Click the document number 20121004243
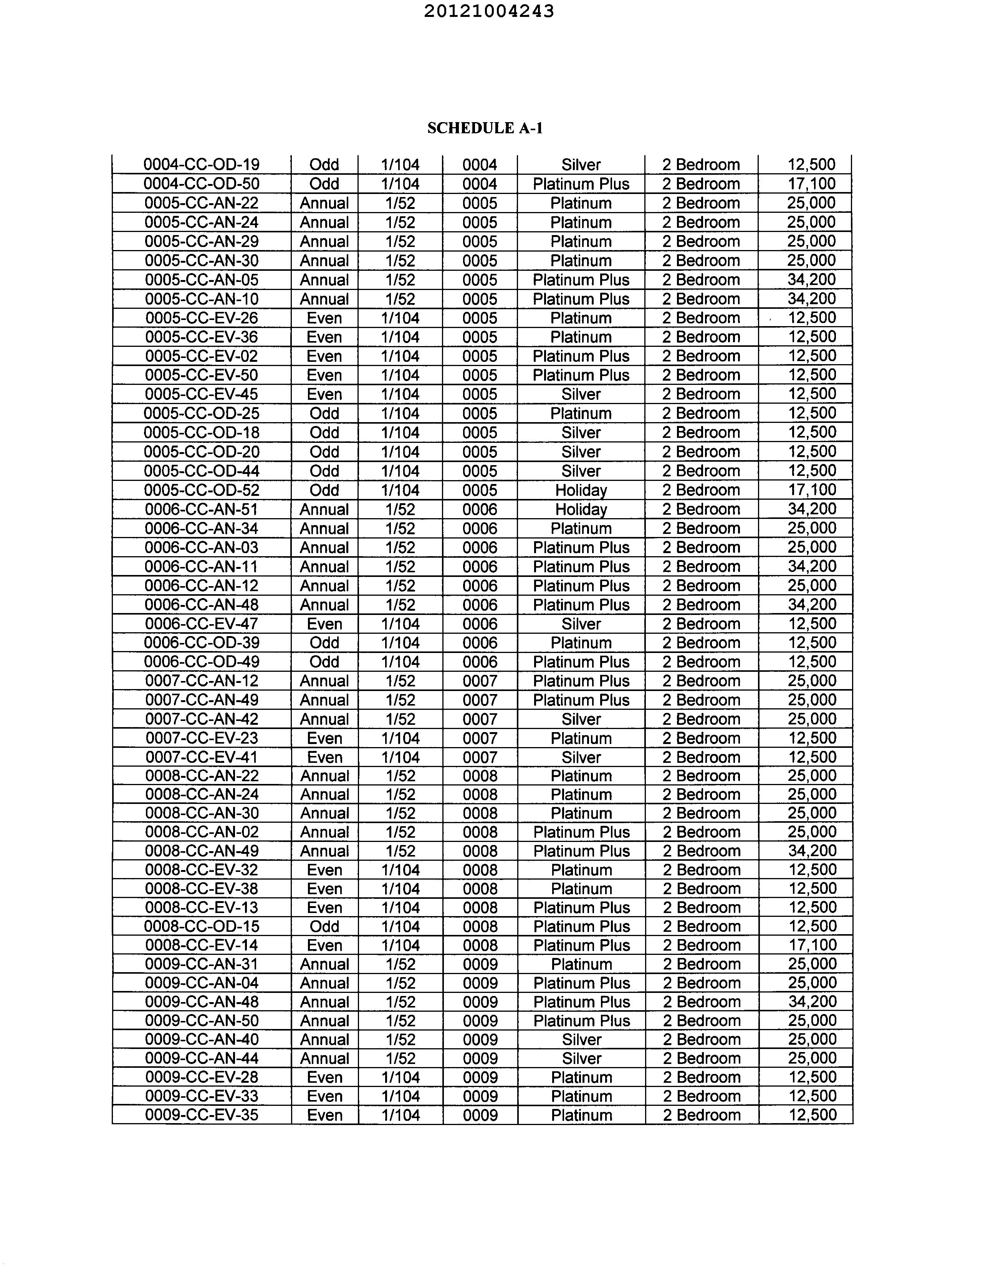click(x=488, y=12)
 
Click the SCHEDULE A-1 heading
click(x=485, y=128)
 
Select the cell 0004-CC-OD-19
click(x=202, y=165)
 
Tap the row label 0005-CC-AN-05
click(x=202, y=280)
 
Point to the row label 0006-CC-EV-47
click(x=202, y=624)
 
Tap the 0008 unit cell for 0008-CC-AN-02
click(x=480, y=832)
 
